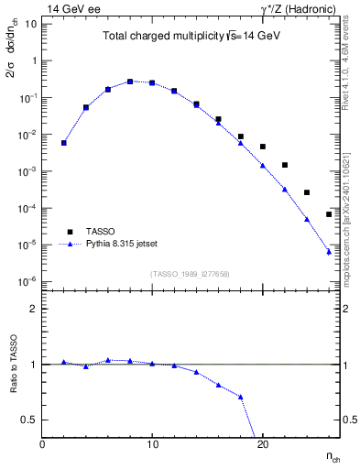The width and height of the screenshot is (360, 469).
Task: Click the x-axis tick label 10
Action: tap(152, 444)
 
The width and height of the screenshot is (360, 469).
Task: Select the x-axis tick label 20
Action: tap(262, 444)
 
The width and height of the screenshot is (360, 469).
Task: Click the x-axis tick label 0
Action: tap(42, 444)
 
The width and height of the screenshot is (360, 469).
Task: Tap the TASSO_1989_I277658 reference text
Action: tap(190, 274)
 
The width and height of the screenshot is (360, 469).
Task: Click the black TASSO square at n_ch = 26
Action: tap(328, 214)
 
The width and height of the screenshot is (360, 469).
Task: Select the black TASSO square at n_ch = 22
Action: tap(284, 165)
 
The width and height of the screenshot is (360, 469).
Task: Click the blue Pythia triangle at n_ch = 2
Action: tap(64, 142)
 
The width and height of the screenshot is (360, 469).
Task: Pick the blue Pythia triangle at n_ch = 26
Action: tap(328, 251)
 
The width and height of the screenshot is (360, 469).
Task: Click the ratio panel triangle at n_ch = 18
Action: tap(240, 397)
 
